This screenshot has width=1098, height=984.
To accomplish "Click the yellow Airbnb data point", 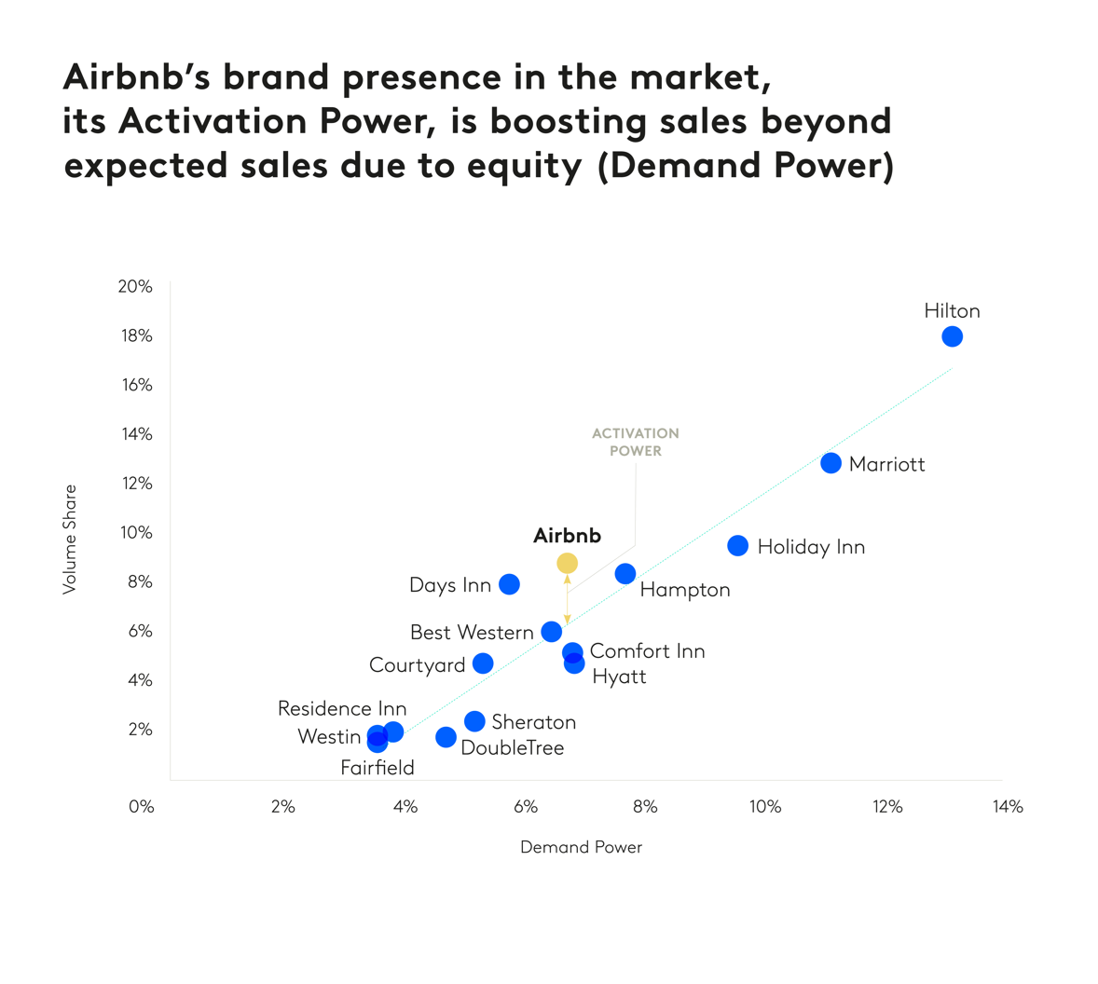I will coord(567,563).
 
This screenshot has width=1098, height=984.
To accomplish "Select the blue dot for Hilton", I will coord(952,336).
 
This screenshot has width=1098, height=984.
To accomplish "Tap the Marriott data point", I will coord(830,463).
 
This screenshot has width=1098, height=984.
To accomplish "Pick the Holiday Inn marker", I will coord(737,546).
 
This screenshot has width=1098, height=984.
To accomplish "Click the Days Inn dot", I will coord(509,584).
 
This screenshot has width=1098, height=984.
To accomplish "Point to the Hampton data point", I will coord(625,574).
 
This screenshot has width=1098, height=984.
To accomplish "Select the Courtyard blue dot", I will coord(483,663).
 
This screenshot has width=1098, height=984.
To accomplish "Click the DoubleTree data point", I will coord(446,737).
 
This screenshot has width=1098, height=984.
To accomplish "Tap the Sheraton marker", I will coord(474,721).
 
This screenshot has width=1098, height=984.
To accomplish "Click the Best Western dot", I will coord(552,632).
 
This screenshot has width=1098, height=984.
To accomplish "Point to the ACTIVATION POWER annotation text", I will coord(636,442).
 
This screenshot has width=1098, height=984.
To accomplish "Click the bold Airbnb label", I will coord(567,536).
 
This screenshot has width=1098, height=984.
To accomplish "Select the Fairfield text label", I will coord(377,768).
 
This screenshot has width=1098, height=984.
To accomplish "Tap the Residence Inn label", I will coord(342,708).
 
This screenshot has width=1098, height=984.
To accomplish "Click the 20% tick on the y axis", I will coord(135,287).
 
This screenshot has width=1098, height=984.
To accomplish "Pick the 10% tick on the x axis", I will coord(765,807).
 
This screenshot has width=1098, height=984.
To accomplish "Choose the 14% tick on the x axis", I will coord(1008,807).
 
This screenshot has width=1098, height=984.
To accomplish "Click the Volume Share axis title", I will coord(70,539).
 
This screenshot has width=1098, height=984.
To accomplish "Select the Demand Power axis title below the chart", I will coord(581,847).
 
